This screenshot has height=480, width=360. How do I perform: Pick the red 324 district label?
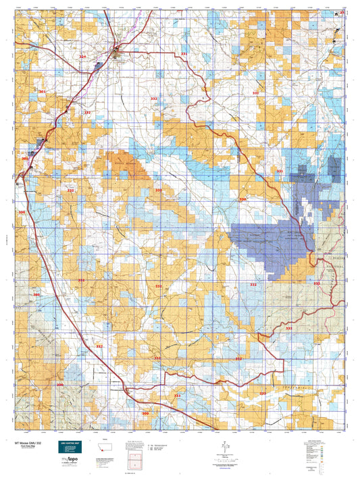82,57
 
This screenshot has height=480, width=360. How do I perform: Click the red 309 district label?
145,413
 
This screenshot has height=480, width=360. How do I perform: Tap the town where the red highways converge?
117,49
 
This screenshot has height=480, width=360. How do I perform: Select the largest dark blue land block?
270,243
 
